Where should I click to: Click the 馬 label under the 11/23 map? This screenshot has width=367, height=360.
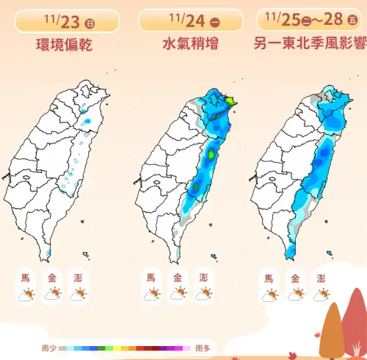26,279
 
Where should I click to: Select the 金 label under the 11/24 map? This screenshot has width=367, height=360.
176,279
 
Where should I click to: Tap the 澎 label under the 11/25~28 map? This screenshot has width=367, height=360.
321,279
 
